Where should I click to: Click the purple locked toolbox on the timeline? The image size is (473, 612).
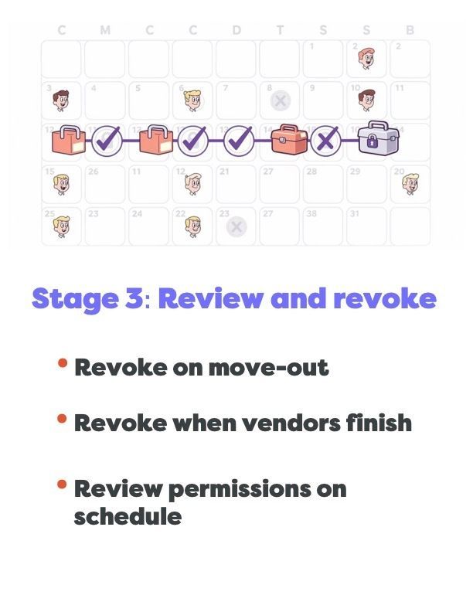pos(378,138)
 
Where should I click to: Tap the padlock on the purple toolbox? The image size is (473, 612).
pos(373,142)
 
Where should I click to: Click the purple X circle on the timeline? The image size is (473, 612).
pos(326,140)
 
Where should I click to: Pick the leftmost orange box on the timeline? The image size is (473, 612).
pos(68,140)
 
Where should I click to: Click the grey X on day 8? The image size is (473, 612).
pos(281,100)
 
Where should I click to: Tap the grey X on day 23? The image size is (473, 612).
pos(236,226)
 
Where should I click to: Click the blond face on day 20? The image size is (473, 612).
pos(410,183)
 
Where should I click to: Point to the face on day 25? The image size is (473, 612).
pos(61,226)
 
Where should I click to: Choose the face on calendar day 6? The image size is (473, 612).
pos(192,100)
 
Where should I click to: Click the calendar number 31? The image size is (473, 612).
pos(355,213)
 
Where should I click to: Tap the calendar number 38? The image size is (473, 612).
pos(311,213)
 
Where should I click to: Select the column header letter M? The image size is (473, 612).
pos(105,31)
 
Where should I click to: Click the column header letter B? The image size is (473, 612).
pos(410,31)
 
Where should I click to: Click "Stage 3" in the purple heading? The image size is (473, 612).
pos(87,298)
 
